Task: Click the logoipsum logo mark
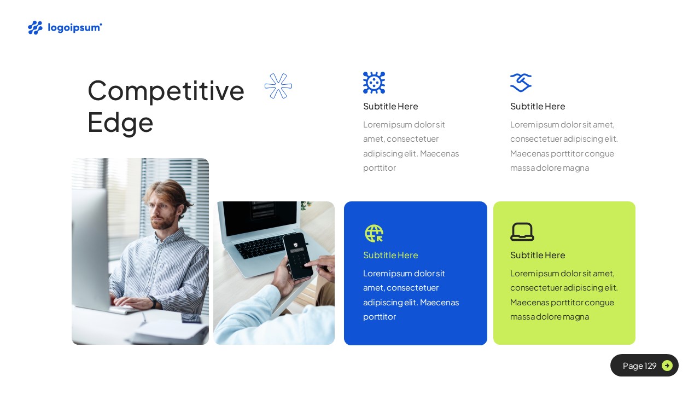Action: (35, 27)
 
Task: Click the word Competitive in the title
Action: (166, 90)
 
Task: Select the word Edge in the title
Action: (120, 122)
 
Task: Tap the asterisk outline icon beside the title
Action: (278, 86)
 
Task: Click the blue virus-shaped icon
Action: (374, 83)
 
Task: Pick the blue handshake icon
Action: (521, 83)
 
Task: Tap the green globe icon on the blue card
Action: (374, 233)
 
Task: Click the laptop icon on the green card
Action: (522, 231)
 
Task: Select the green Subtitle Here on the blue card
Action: (390, 255)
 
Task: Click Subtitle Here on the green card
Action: (538, 255)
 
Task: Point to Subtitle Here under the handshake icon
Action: (538, 106)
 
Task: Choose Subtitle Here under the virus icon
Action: (390, 106)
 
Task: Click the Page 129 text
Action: (639, 366)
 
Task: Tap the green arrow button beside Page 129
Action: (667, 366)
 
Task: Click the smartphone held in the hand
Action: (297, 255)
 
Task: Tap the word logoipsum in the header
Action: (74, 27)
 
